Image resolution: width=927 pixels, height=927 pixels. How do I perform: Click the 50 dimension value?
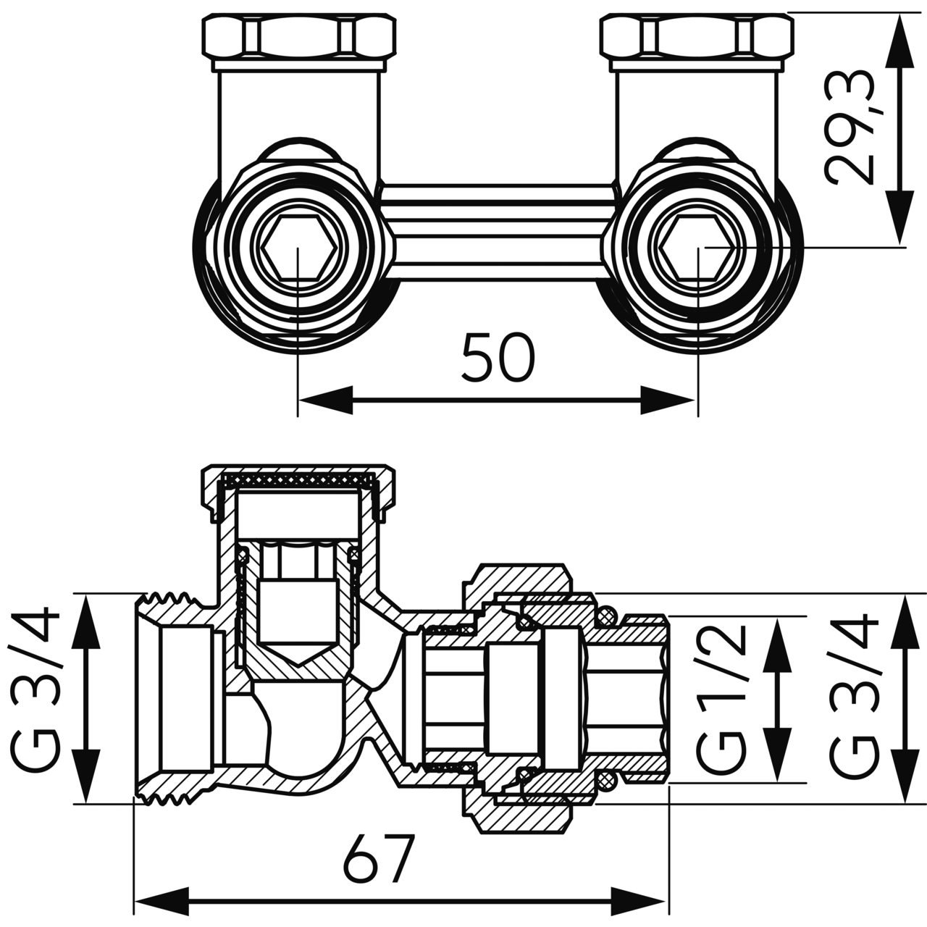coord(498,358)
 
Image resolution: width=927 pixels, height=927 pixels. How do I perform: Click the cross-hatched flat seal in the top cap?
coord(298,479)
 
